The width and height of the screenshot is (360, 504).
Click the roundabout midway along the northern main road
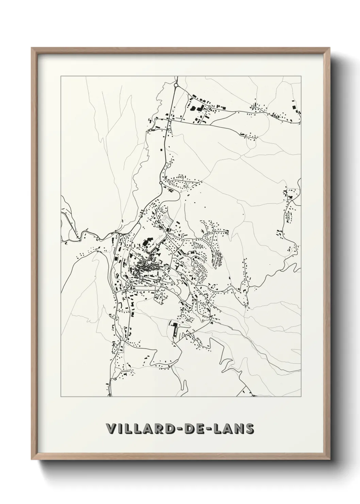click(160, 183)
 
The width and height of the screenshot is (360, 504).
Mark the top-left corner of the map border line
click(61, 76)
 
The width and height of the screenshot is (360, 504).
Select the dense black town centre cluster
click(145, 267)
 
